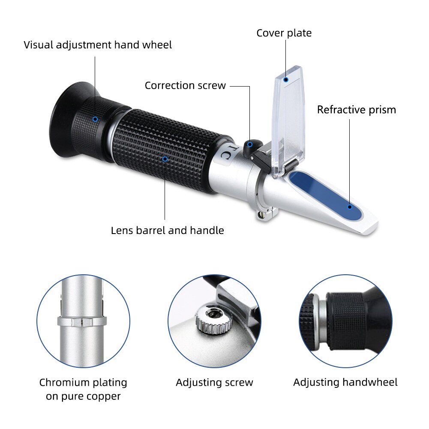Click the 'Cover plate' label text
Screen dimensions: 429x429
[x=284, y=33]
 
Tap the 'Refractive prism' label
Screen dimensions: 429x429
[x=356, y=110]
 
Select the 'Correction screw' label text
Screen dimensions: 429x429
[x=185, y=85]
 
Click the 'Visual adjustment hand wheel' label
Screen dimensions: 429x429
[x=98, y=45]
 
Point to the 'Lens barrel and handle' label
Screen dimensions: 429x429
[x=167, y=231]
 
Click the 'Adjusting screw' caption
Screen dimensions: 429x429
[x=214, y=382]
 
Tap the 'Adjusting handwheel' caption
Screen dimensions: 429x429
[x=345, y=382]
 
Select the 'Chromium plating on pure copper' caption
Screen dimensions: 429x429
[x=83, y=389]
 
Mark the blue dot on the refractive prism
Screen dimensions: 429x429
[x=350, y=207]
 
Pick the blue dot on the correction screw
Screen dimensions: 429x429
[x=249, y=144]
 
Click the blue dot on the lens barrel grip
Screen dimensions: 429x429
[x=165, y=159]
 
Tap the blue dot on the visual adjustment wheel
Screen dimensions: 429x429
[x=95, y=119]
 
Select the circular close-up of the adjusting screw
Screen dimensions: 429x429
[x=214, y=321]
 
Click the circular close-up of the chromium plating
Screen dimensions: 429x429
[x=83, y=321]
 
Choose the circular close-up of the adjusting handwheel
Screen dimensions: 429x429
[x=345, y=321]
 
